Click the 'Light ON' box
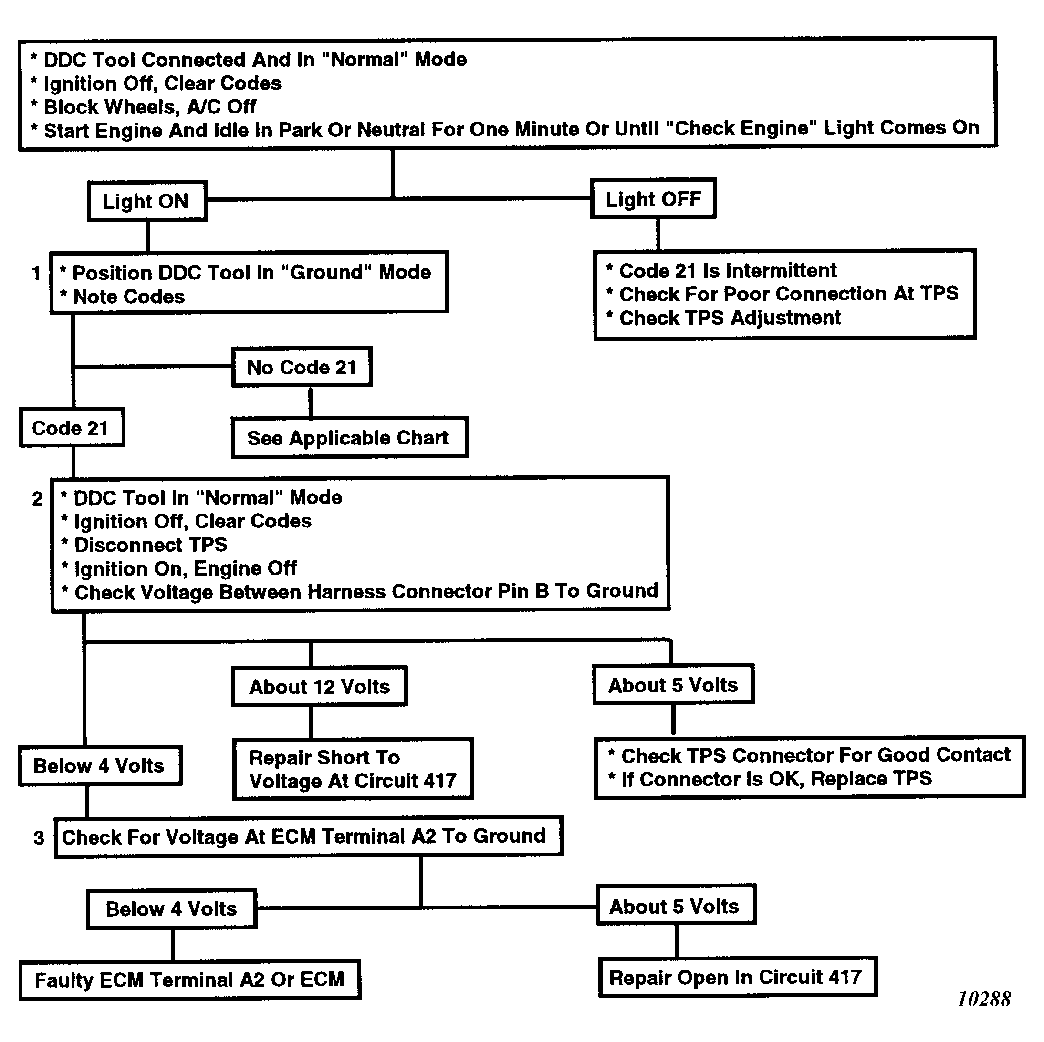pos(147,202)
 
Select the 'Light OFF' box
pos(653,199)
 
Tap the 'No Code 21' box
pos(302,367)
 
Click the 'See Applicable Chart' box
pos(349,437)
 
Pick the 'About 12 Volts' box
pos(319,687)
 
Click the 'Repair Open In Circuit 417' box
pos(737,977)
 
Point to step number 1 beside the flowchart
pos(36,273)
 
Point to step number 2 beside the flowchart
pos(37,498)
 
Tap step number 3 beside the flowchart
pos(38,838)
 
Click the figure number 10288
pos(983,1000)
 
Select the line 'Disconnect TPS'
pos(151,545)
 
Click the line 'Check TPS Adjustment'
pos(730,318)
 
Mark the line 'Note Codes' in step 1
pos(129,297)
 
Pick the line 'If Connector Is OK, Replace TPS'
pos(776,779)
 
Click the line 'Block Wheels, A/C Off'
pos(150,107)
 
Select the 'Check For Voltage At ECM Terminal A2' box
pos(308,837)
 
